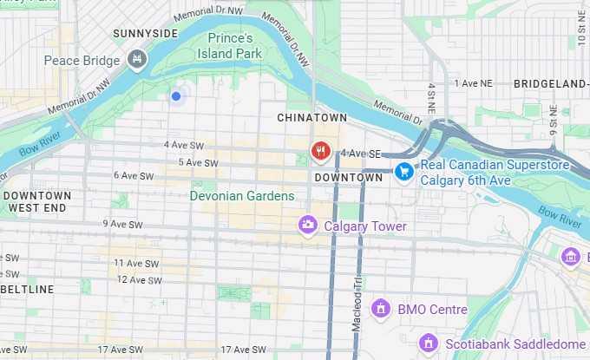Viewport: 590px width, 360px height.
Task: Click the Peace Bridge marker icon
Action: [135, 60]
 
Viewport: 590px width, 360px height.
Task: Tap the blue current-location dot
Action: [176, 96]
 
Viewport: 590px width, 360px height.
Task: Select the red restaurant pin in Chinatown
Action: [320, 152]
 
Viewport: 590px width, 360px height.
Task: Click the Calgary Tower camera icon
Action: [307, 226]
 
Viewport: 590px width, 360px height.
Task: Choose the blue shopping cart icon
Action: [403, 172]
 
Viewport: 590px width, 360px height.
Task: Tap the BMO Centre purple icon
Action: [379, 309]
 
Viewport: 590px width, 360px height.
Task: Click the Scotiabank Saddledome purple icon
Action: [426, 344]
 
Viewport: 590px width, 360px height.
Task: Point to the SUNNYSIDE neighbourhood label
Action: [145, 34]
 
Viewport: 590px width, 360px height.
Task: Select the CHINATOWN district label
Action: [311, 117]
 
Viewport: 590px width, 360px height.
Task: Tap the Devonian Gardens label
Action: [243, 196]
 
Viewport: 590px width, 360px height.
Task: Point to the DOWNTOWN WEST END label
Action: [36, 202]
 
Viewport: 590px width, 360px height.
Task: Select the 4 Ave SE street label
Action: [362, 154]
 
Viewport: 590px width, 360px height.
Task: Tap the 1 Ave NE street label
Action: [473, 84]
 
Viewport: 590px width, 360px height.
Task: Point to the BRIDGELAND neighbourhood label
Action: [550, 84]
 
